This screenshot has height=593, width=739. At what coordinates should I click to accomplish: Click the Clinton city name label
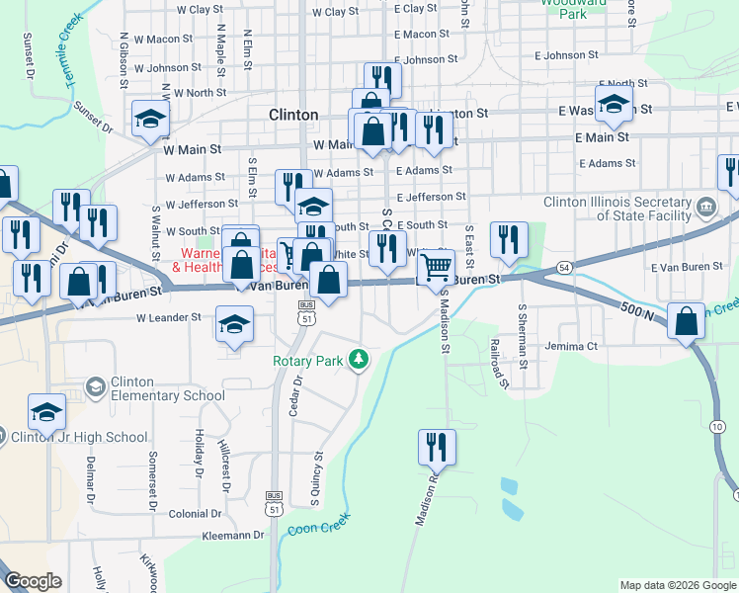(293, 115)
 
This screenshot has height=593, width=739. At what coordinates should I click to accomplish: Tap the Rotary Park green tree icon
(362, 359)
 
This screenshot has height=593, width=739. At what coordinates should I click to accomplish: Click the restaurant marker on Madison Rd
(436, 447)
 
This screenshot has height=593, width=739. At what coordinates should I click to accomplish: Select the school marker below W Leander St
(234, 325)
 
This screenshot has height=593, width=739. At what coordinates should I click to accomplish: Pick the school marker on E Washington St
(614, 105)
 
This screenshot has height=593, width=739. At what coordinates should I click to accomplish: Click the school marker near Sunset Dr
(150, 120)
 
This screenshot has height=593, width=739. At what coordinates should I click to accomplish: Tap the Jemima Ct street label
(572, 347)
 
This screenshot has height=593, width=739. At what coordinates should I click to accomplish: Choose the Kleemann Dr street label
(231, 535)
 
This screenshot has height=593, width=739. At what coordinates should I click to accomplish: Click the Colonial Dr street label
(202, 514)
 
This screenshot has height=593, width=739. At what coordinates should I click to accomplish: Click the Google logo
(34, 581)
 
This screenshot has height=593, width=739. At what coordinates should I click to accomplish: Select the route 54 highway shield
(562, 268)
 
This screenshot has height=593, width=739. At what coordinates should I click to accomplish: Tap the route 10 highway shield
(715, 425)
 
